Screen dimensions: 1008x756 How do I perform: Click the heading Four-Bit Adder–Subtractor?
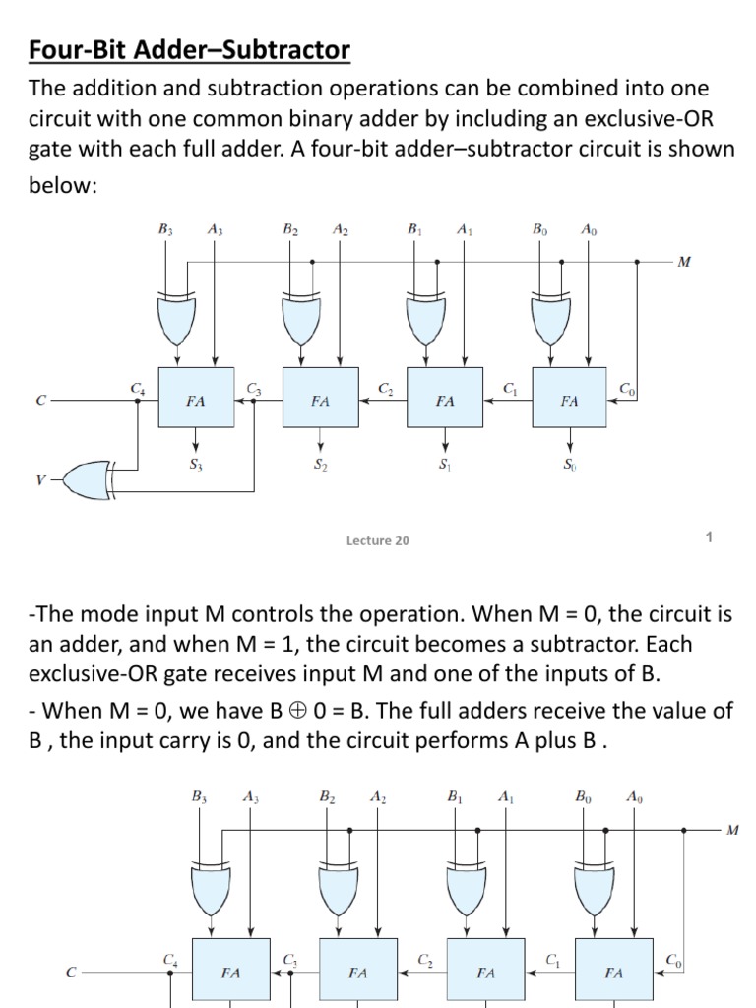[188, 49]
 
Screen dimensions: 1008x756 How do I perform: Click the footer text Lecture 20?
[378, 540]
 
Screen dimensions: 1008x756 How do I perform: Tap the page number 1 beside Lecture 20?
[709, 536]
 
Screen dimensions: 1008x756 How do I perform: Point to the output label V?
[40, 479]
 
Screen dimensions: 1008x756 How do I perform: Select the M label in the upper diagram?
[684, 262]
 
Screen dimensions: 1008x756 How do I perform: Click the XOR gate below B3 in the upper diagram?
[177, 316]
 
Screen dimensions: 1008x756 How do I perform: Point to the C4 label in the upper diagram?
[137, 390]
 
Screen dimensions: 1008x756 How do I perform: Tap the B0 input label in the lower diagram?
[583, 798]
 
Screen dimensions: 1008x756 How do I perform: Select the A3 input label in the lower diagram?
[250, 798]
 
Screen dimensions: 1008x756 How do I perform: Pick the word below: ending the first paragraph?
[64, 185]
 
